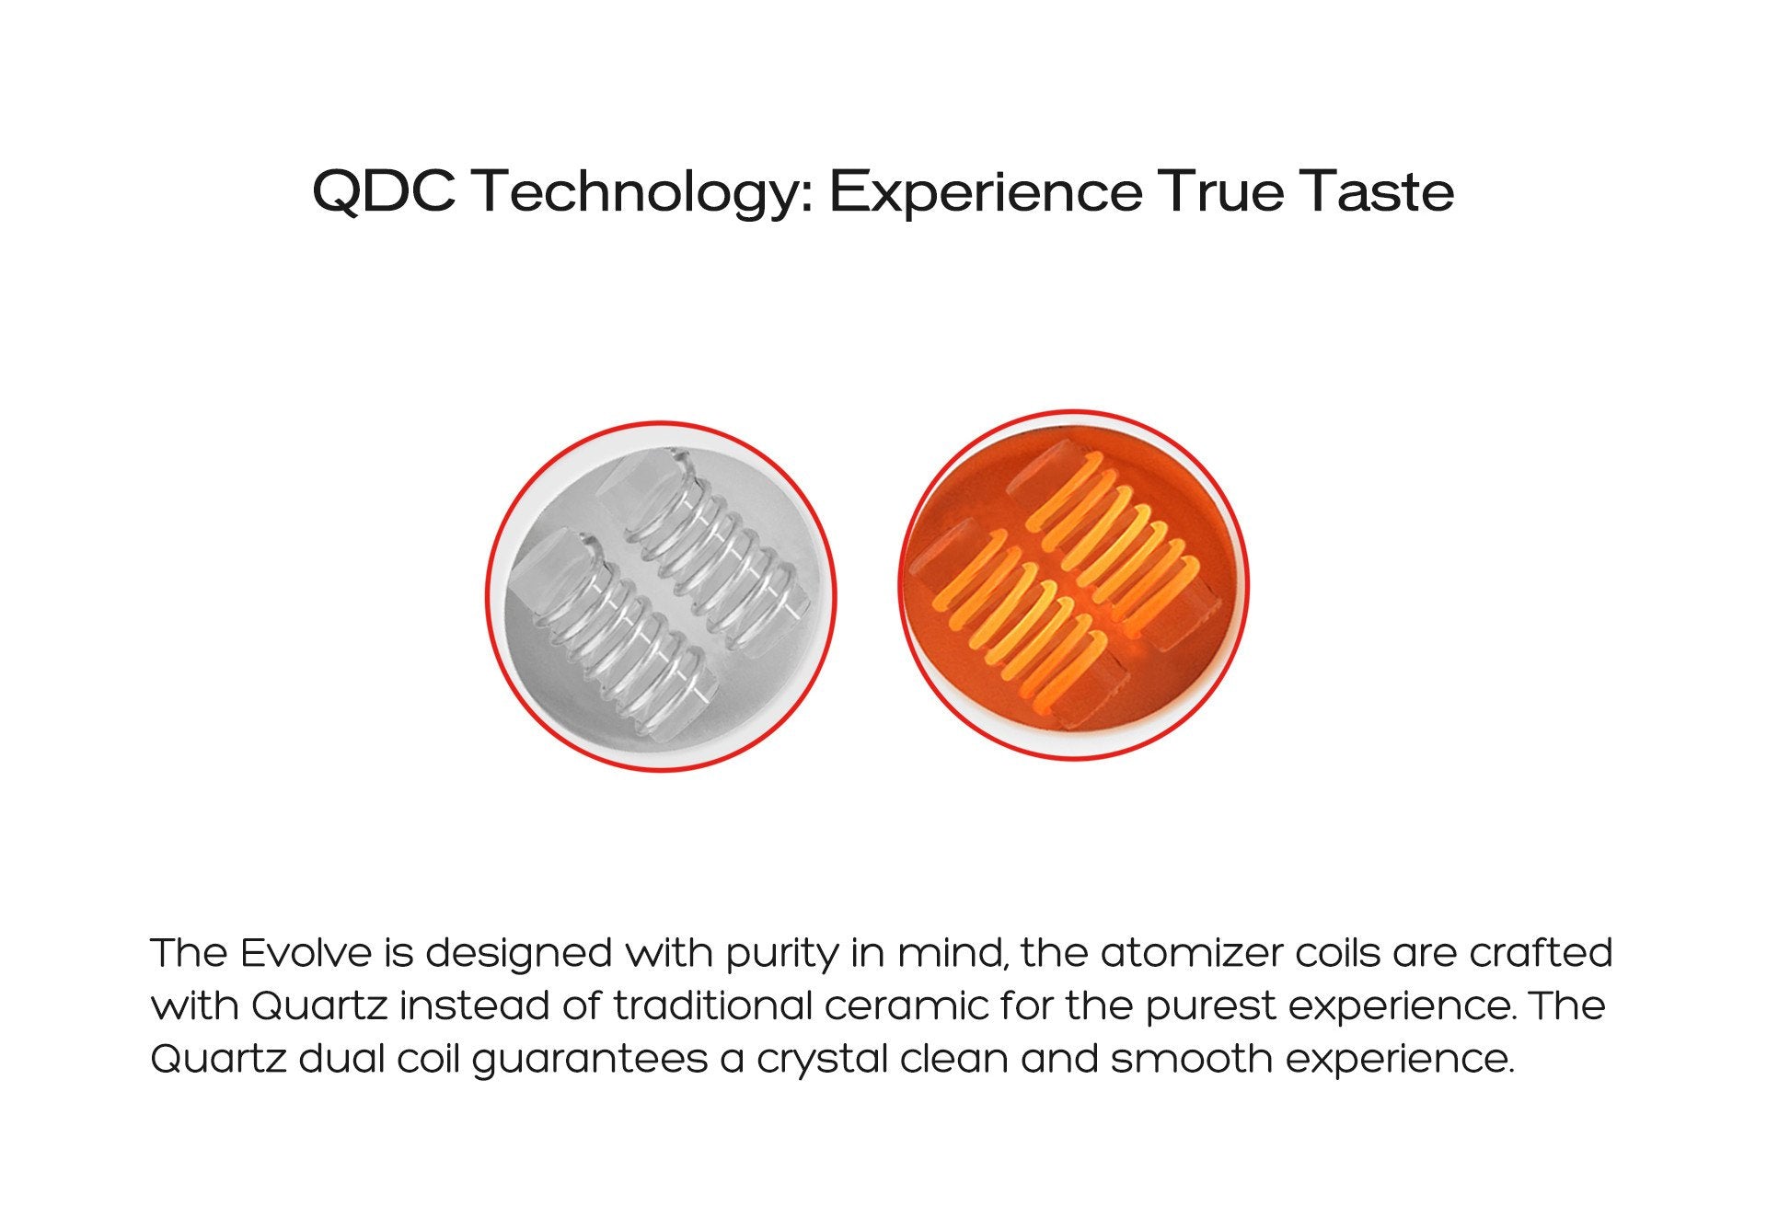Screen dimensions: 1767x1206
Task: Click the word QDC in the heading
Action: (x=384, y=191)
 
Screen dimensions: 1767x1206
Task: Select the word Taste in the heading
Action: (x=1376, y=191)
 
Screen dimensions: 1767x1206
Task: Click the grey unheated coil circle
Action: (x=661, y=596)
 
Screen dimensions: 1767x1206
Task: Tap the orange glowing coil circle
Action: (x=1073, y=585)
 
